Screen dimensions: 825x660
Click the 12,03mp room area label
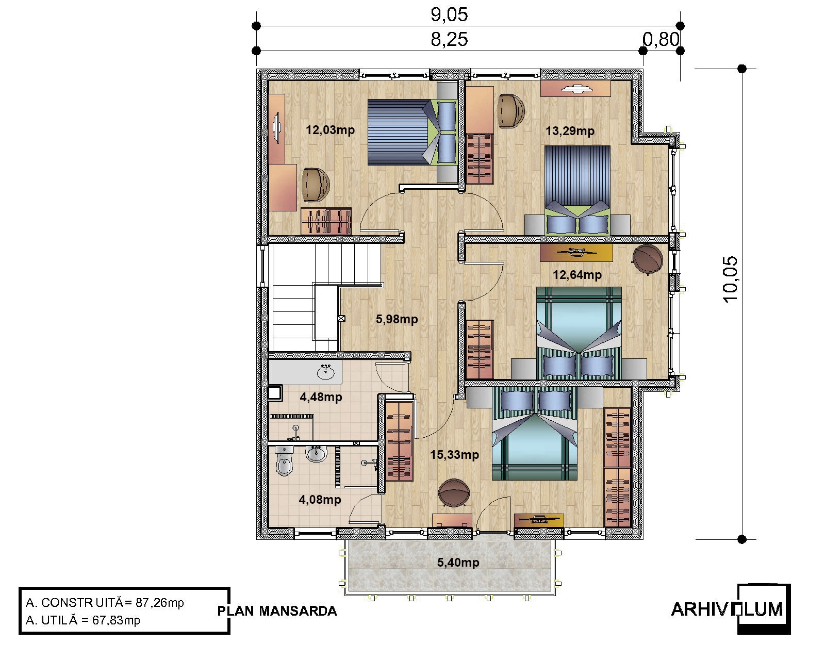(x=330, y=130)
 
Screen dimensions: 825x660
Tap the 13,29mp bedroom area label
(x=570, y=131)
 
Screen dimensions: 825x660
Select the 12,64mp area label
(x=577, y=275)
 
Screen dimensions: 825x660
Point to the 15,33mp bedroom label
(x=454, y=455)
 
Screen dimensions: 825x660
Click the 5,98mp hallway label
(x=397, y=319)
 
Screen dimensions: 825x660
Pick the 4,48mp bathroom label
(x=321, y=397)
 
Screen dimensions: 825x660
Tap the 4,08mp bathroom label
(x=320, y=500)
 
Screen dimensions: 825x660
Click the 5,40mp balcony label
(x=458, y=563)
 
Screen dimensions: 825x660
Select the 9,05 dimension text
(x=449, y=14)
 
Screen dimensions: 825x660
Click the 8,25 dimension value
(x=449, y=40)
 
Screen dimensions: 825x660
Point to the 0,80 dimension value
(x=661, y=40)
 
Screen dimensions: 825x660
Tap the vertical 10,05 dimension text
(x=731, y=279)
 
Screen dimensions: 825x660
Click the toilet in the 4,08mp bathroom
(x=285, y=460)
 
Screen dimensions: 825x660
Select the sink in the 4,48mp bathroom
(x=326, y=372)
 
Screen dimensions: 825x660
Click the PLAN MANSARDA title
(x=277, y=611)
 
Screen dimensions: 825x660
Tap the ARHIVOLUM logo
(x=731, y=609)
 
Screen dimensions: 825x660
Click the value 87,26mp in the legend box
(x=160, y=603)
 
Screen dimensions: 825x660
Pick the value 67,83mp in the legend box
(x=116, y=620)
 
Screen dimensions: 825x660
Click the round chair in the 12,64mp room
(x=647, y=259)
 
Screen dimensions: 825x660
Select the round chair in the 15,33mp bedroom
(x=454, y=493)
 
